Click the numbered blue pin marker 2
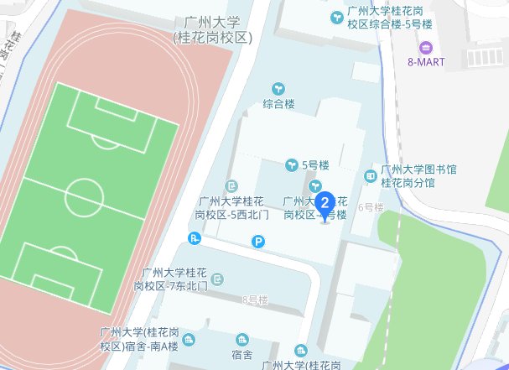[x=325, y=202]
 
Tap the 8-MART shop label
[x=426, y=62]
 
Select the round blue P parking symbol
[x=258, y=242]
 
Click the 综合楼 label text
[x=278, y=106]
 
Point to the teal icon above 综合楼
[x=278, y=88]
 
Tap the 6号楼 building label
[x=370, y=206]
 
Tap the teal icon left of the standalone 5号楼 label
[x=292, y=164]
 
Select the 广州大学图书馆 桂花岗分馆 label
[x=418, y=175]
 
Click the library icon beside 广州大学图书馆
[x=370, y=175]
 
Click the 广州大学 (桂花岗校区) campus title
[x=214, y=29]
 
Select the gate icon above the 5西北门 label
[x=231, y=185]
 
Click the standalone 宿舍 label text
[x=242, y=356]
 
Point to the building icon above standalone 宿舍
[x=242, y=339]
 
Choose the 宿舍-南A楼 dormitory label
[x=138, y=339]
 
